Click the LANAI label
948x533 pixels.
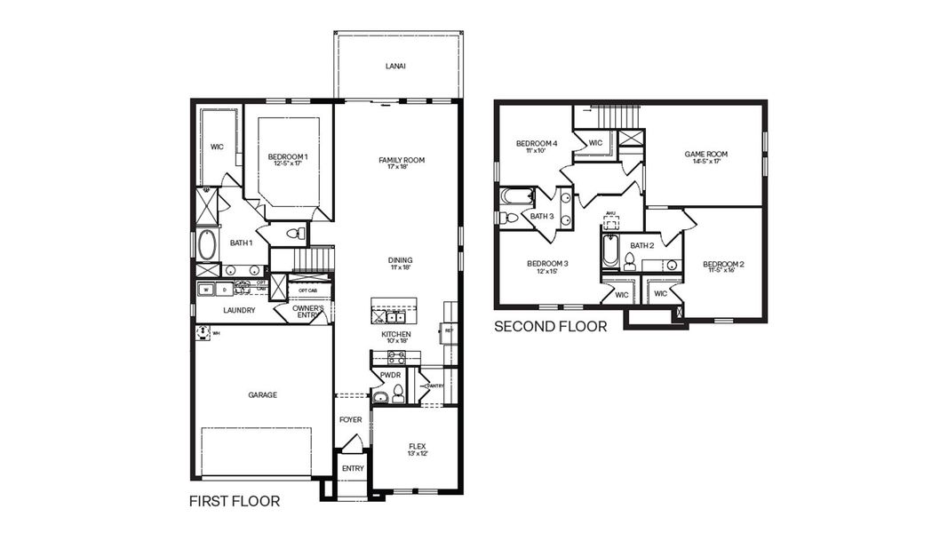pos(396,66)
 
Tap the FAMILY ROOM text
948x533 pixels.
pos(402,160)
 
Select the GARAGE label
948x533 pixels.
pos(262,394)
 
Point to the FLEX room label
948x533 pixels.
pos(417,446)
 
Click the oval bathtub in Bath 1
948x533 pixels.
pos(207,244)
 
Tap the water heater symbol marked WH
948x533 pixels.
pos(203,332)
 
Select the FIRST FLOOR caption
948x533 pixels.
pos(235,502)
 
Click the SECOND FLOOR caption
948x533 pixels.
pos(550,327)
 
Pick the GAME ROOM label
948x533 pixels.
pos(706,154)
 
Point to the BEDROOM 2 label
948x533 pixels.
pos(723,264)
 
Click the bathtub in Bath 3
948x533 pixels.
pos(516,195)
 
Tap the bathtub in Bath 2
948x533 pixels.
pos(609,251)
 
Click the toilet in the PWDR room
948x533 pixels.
pos(398,394)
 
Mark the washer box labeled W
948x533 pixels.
pos(205,289)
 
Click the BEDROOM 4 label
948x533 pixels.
pos(537,143)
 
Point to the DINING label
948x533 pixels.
pos(400,260)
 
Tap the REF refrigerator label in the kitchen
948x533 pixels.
pos(450,330)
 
